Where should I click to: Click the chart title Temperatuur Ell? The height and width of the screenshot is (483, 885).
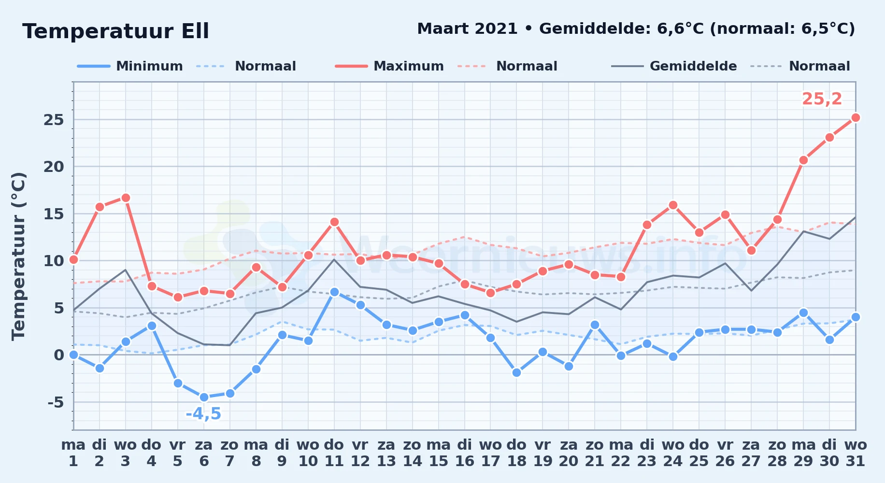[x=115, y=31]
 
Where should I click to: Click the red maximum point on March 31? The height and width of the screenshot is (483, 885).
[x=856, y=117]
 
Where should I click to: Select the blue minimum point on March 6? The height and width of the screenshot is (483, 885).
[x=204, y=397]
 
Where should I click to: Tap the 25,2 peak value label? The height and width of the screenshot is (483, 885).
[x=822, y=99]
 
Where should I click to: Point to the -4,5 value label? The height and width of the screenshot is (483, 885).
[x=203, y=414]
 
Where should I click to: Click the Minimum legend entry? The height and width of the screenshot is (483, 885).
[x=130, y=66]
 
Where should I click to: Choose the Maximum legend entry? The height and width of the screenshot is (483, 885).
[x=389, y=66]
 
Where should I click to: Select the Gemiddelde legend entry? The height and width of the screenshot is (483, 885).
[x=674, y=66]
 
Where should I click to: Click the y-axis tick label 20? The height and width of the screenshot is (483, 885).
[x=54, y=167]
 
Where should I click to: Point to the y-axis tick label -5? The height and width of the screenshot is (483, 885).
[x=56, y=402]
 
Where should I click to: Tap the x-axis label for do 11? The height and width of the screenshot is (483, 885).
[x=334, y=453]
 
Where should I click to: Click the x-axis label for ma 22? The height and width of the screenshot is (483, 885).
[x=621, y=453]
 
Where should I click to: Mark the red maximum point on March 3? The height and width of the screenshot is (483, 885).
[x=126, y=198]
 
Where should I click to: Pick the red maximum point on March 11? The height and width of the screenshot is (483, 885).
[x=334, y=222]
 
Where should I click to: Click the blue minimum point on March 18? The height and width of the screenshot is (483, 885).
[x=516, y=372]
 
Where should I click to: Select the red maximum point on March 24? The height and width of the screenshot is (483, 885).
[x=673, y=205]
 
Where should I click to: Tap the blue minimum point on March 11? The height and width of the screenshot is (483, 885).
[x=334, y=292]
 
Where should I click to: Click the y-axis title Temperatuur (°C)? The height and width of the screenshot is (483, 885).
[x=19, y=256]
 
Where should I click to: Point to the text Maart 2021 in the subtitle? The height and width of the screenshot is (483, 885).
[x=467, y=28]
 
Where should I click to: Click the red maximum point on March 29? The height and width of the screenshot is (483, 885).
[x=803, y=160]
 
